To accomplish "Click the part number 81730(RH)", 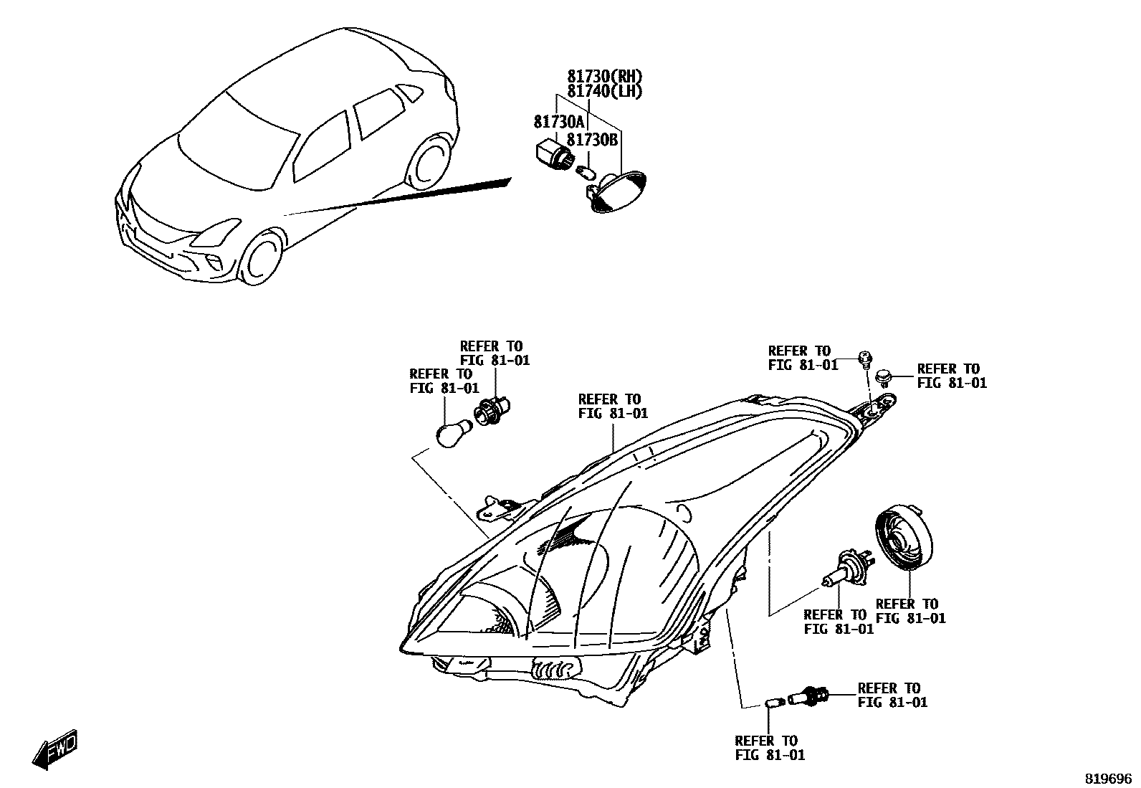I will coord(605,77).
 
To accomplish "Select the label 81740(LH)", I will coord(605,91).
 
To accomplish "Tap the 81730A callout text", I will coord(559,122).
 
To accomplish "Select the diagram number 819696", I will coord(1107,778).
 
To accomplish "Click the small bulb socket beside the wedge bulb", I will coord(808,695).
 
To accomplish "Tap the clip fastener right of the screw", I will coord(886,374).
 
